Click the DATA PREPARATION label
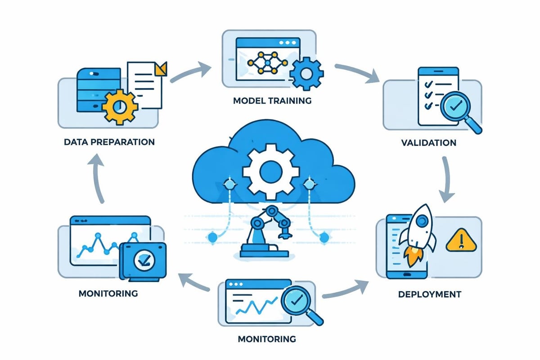(x=109, y=142)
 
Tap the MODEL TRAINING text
(x=272, y=100)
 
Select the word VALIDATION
(x=428, y=143)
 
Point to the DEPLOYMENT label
(x=429, y=295)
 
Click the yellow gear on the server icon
(x=120, y=107)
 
